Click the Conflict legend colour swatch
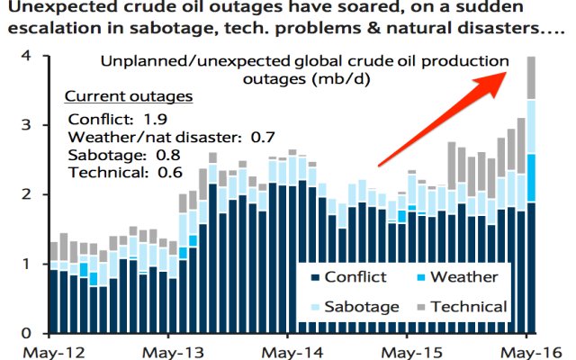click(315, 277)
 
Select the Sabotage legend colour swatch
click(315, 307)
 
